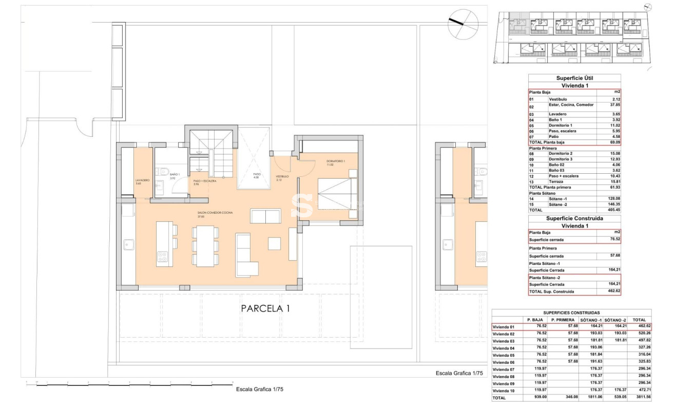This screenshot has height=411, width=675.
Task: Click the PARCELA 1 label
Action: [x=265, y=309]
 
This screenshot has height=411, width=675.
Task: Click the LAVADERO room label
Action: [x=142, y=180]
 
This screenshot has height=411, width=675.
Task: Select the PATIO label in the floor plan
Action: [x=256, y=174]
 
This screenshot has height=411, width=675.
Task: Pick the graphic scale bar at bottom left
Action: [x=128, y=383]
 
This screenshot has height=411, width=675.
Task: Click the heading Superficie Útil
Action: [x=574, y=78]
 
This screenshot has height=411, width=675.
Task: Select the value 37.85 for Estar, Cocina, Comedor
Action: [x=608, y=105]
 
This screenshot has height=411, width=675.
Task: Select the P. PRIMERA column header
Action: [x=563, y=319]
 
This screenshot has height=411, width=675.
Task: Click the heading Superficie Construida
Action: [x=574, y=218]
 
